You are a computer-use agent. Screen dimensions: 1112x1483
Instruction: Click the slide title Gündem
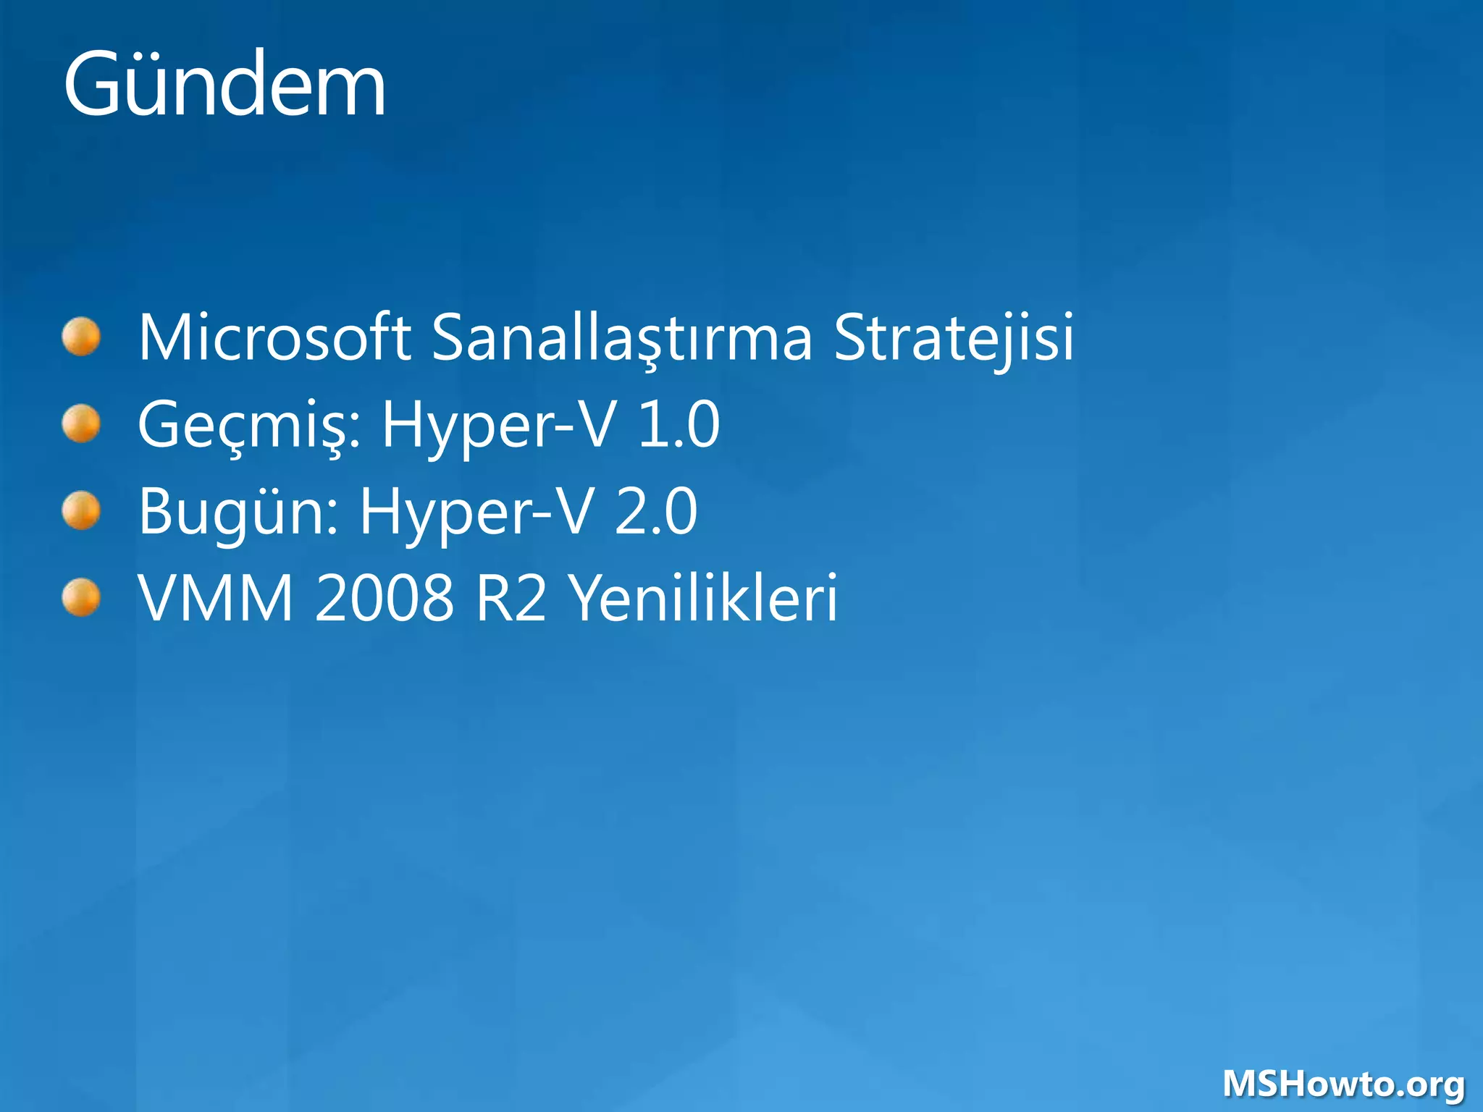[x=224, y=85]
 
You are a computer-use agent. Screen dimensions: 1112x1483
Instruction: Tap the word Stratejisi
[x=954, y=337]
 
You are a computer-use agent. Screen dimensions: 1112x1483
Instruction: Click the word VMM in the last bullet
[x=216, y=598]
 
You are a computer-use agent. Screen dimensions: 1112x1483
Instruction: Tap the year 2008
[x=385, y=598]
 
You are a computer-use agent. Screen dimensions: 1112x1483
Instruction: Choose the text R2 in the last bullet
[x=511, y=598]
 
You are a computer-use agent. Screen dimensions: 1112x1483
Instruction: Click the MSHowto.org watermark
[x=1343, y=1084]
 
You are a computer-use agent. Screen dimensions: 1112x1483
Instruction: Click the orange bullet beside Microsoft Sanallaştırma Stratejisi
[x=81, y=337]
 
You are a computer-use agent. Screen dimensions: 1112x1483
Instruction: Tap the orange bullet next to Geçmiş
[x=81, y=424]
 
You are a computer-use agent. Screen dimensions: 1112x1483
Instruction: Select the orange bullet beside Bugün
[x=81, y=511]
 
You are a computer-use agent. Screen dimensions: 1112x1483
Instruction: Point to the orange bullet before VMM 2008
[x=81, y=598]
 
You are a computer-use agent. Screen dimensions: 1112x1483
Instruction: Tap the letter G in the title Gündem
[x=93, y=85]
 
